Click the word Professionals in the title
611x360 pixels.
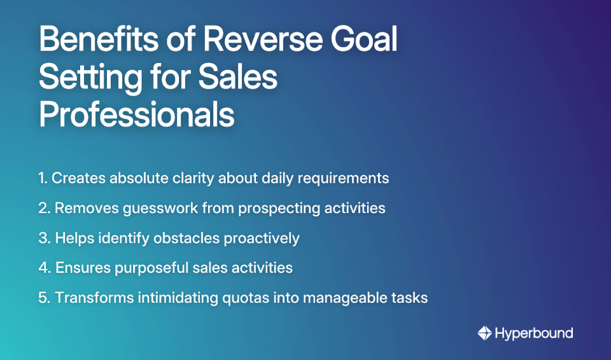[137, 115]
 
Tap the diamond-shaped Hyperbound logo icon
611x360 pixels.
[484, 333]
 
